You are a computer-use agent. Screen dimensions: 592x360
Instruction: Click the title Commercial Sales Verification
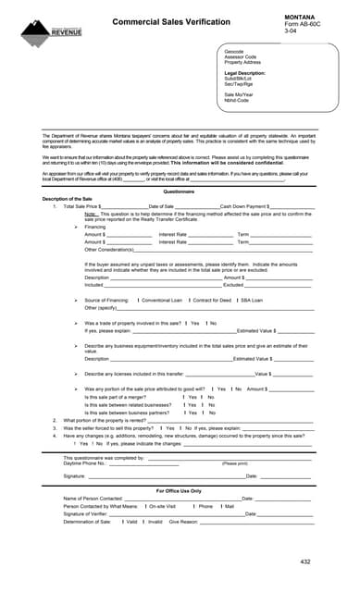click(171, 21)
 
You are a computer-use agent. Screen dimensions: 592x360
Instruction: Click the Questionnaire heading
click(179, 191)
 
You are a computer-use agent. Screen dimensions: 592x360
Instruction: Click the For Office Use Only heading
click(179, 490)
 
